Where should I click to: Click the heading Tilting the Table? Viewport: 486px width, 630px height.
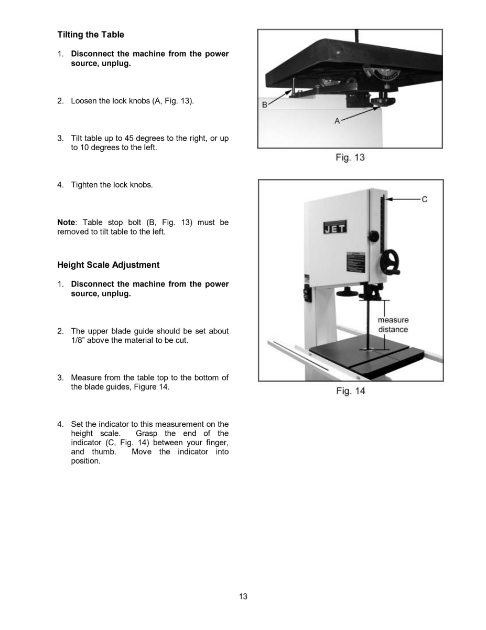click(91, 35)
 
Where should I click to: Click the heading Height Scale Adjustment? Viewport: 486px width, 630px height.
click(109, 265)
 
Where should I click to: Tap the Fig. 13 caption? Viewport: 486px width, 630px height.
click(350, 157)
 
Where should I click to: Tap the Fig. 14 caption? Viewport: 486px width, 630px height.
click(350, 391)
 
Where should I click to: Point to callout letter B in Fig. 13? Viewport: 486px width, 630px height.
click(265, 105)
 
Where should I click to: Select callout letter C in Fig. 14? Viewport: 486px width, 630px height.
click(424, 199)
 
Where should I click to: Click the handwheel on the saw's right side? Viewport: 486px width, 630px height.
click(391, 262)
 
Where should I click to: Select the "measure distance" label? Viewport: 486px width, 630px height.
click(393, 324)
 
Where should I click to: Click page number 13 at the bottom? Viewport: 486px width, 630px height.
click(243, 596)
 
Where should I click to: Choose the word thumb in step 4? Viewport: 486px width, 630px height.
click(103, 451)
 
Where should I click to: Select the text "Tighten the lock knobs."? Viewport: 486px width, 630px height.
click(112, 185)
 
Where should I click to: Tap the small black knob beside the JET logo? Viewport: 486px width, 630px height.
click(373, 237)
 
